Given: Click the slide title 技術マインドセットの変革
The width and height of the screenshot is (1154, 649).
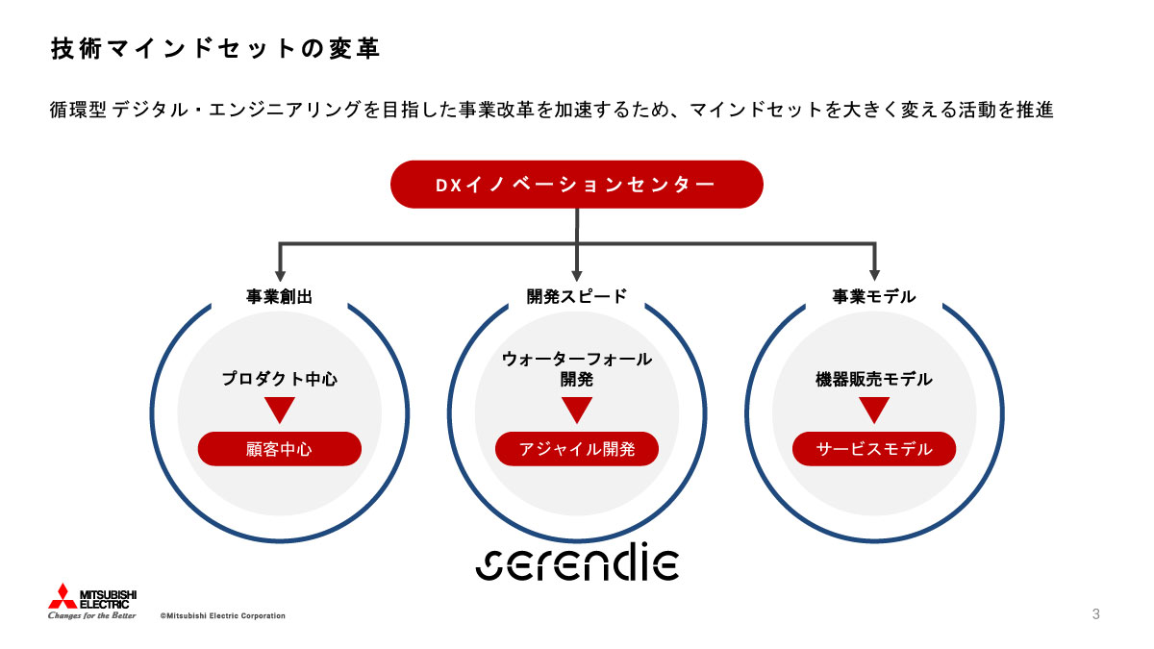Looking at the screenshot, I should pyautogui.click(x=214, y=49).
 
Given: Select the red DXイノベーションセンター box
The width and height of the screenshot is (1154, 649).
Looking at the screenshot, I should pyautogui.click(x=576, y=185).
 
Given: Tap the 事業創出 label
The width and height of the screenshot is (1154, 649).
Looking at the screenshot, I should pyautogui.click(x=279, y=297).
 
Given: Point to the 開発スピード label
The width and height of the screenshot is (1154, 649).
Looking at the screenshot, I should pyautogui.click(x=576, y=297).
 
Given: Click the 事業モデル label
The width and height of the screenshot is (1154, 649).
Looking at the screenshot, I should pyautogui.click(x=873, y=297).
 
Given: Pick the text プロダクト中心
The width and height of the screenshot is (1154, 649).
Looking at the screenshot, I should pyautogui.click(x=279, y=379).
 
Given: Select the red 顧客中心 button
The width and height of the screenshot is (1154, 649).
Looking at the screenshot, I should pyautogui.click(x=279, y=449).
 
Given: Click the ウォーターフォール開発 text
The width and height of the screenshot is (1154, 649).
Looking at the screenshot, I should pyautogui.click(x=576, y=369).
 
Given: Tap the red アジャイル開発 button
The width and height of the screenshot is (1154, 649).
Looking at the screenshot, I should pyautogui.click(x=576, y=449).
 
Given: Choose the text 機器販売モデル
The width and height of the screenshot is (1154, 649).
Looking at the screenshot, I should pyautogui.click(x=873, y=379).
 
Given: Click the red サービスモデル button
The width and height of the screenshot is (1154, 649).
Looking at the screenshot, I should pyautogui.click(x=873, y=449).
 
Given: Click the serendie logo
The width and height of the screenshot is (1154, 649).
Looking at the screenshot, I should pyautogui.click(x=577, y=563).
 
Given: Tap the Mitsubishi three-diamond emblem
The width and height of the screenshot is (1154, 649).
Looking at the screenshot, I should pyautogui.click(x=62, y=596).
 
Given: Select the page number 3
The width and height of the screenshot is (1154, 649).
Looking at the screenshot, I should pyautogui.click(x=1095, y=614).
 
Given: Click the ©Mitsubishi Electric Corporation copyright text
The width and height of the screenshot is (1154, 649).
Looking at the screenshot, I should pyautogui.click(x=222, y=615).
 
